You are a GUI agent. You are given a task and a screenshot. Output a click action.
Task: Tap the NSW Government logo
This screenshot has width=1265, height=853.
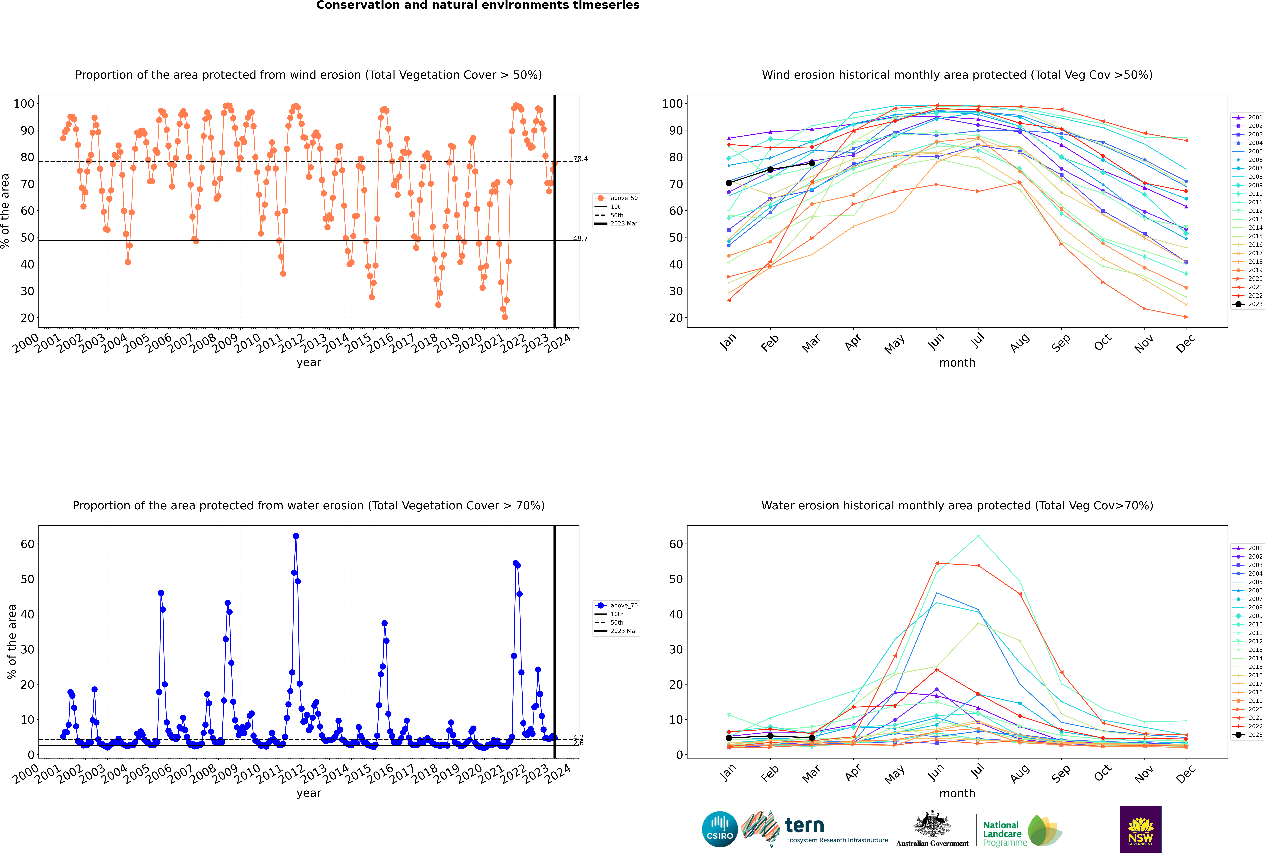pos(1140,829)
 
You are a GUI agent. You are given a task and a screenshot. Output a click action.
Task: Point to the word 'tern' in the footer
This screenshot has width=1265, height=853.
pos(804,826)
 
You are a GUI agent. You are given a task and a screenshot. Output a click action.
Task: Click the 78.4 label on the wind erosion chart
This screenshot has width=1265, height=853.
pos(580,159)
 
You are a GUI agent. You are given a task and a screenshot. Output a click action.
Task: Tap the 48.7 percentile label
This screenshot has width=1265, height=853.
pos(580,238)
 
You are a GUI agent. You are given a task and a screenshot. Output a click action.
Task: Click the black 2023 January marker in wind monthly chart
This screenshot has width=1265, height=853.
pos(729,183)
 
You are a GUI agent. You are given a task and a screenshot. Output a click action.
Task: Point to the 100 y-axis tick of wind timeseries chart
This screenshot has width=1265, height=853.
pos(24,103)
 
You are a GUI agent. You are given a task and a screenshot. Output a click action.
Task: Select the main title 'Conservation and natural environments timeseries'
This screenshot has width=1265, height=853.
pos(477,5)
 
